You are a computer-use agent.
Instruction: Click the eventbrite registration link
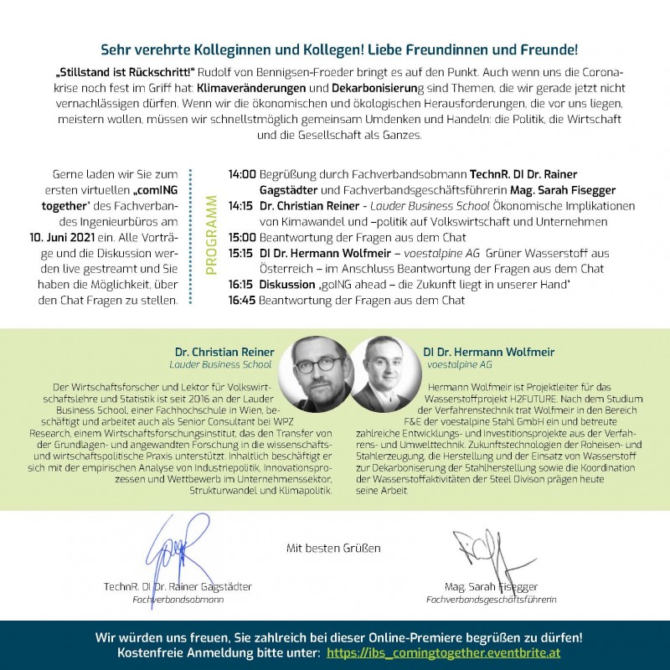[x=443, y=652]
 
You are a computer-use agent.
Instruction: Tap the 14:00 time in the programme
[x=242, y=174]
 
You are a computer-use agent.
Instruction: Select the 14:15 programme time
[x=242, y=205]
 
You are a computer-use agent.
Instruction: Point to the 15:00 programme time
[x=242, y=237]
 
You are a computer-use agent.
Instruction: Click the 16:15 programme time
[x=242, y=284]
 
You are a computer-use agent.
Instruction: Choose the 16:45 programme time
[x=242, y=300]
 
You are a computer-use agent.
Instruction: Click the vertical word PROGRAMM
[x=211, y=237]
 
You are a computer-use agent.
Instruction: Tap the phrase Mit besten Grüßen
[x=333, y=549]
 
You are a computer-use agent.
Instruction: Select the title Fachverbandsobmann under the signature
[x=178, y=600]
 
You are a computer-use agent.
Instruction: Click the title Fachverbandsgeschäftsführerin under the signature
[x=491, y=600]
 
